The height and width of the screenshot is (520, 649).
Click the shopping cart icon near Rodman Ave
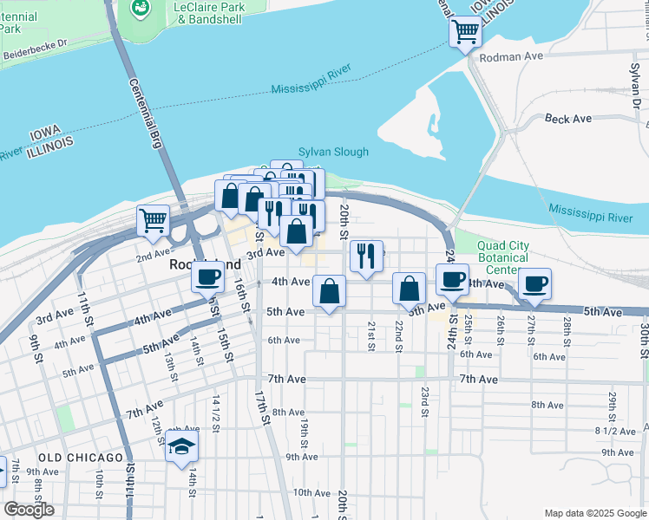point(465,32)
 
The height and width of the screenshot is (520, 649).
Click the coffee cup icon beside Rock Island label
point(206,276)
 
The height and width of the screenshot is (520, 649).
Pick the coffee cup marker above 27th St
point(534,283)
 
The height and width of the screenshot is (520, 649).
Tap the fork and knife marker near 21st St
point(366,255)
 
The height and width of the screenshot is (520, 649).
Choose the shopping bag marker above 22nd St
point(409,288)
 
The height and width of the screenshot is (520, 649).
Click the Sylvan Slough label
point(333,152)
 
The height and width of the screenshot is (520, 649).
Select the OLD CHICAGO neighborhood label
point(81,458)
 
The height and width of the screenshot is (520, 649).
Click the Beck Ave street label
point(567,118)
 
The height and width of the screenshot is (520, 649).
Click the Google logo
point(29,510)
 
